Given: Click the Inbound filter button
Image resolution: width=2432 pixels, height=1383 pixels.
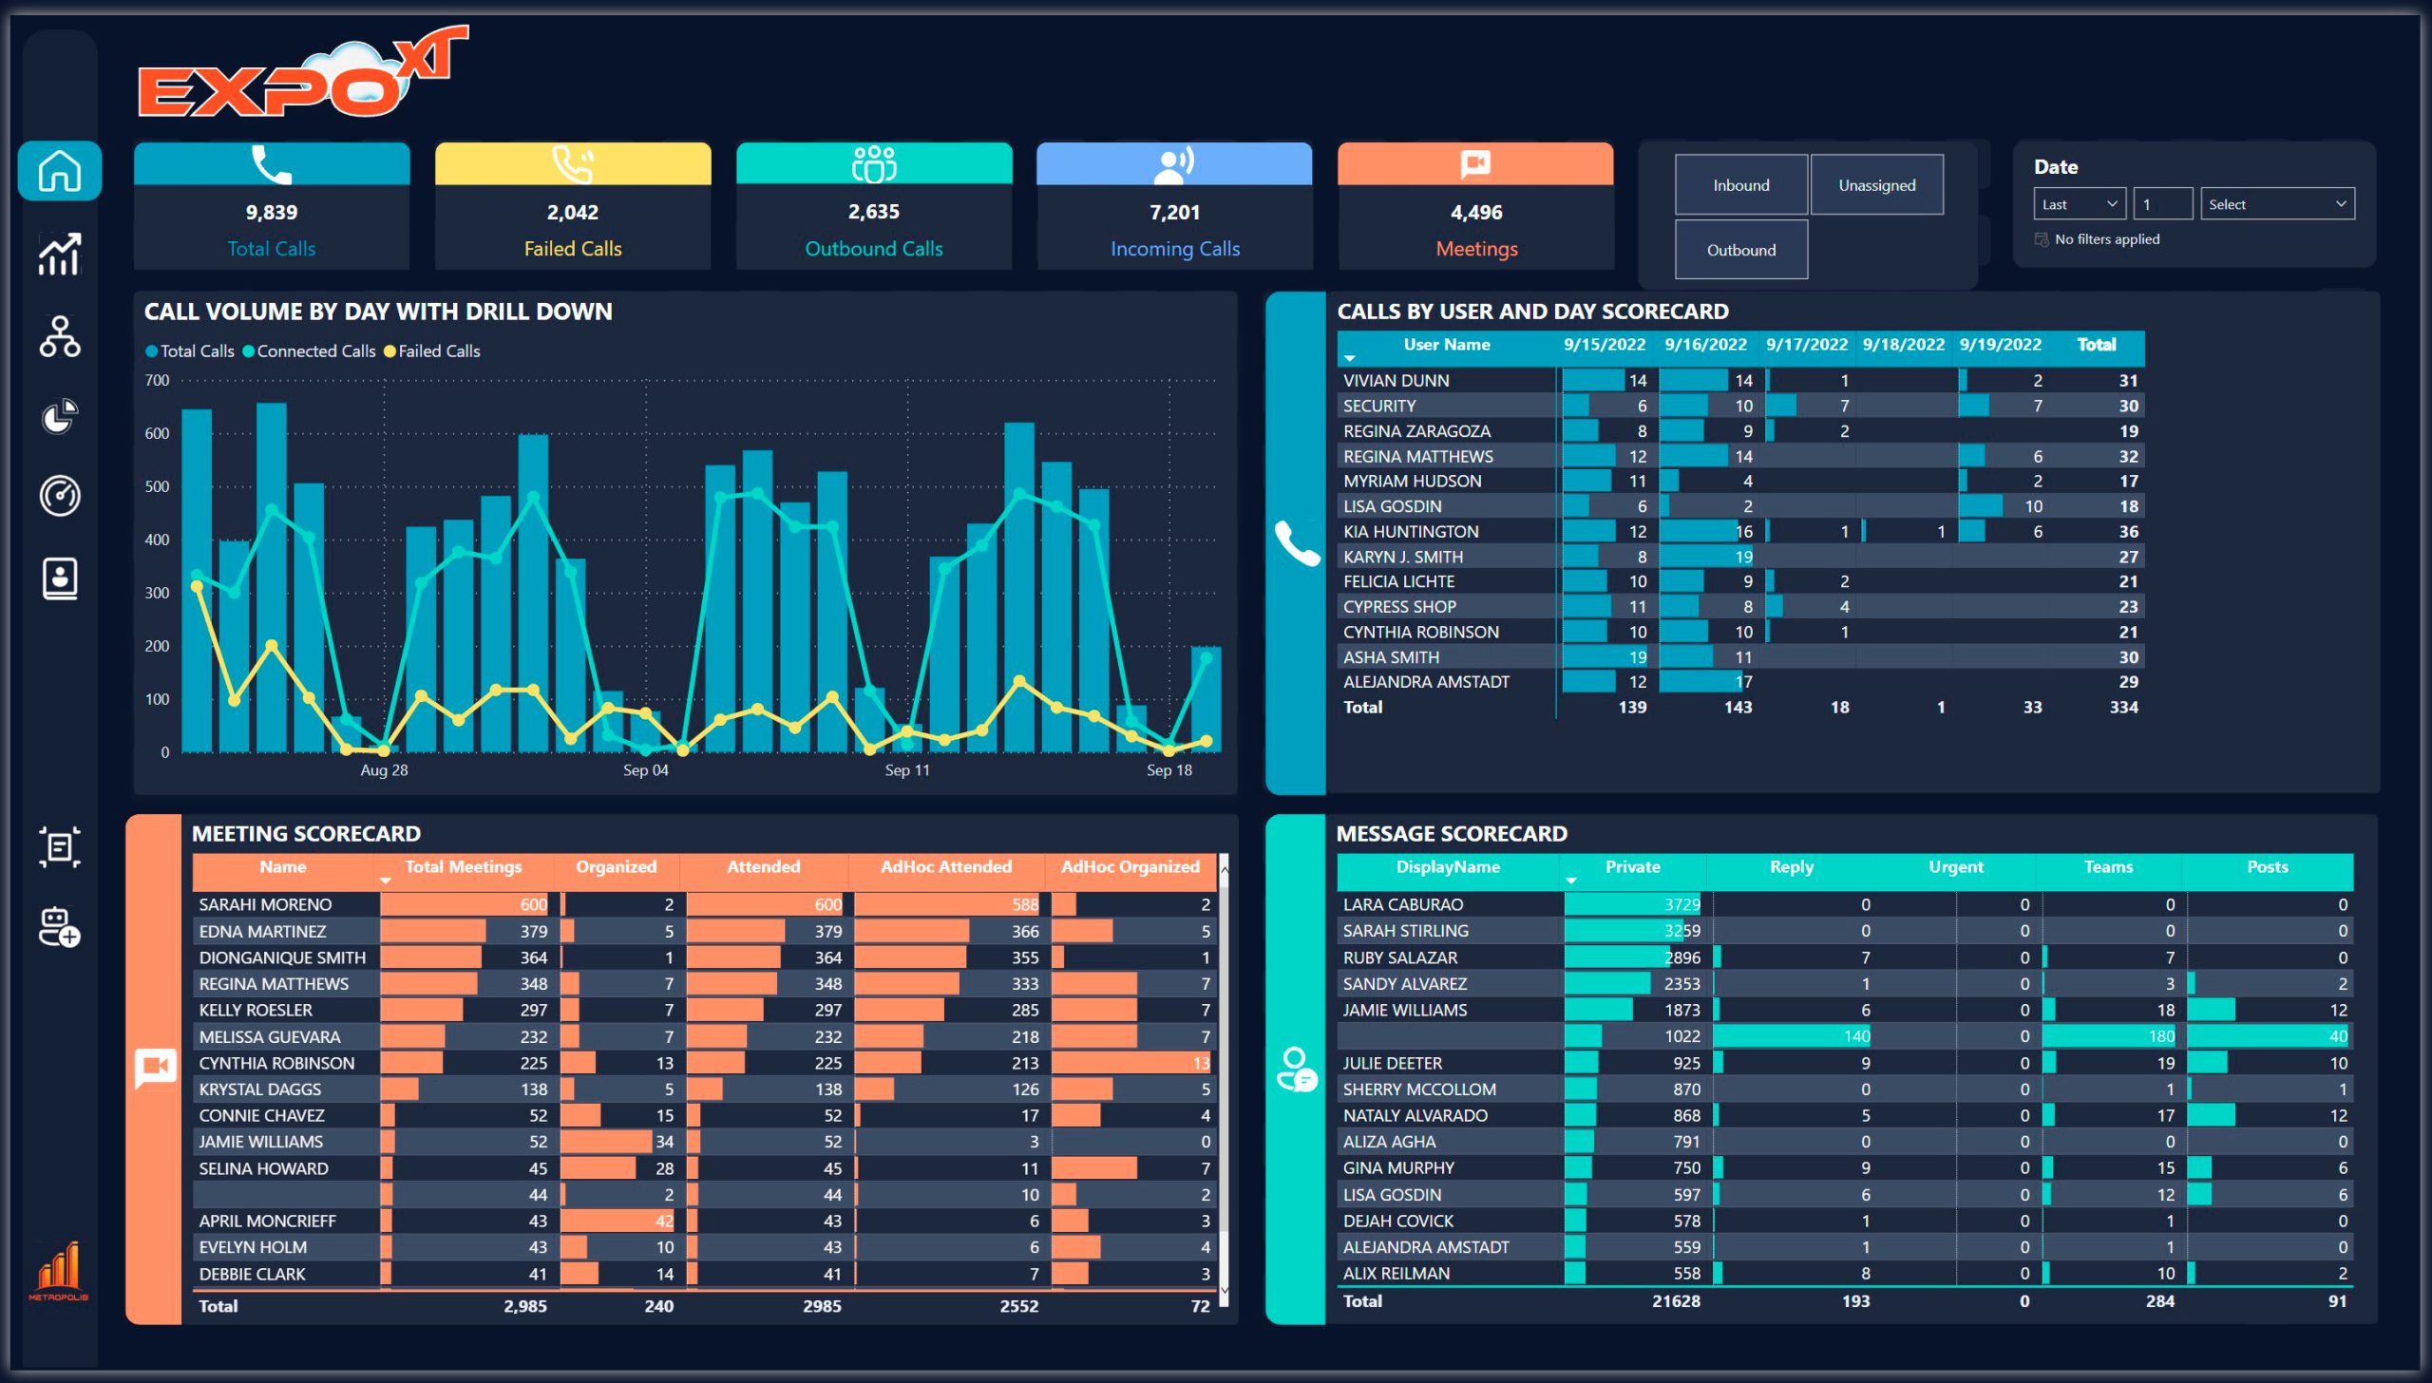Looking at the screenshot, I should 1740,185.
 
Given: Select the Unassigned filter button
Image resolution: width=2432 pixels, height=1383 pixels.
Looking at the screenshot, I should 1876,185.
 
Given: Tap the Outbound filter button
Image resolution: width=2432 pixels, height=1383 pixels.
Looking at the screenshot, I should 1740,250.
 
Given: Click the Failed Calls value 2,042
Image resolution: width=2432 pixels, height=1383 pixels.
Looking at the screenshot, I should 572,213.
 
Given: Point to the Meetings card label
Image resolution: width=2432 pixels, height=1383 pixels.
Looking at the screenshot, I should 1475,249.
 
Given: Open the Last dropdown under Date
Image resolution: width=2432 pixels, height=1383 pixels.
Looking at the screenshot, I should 2079,204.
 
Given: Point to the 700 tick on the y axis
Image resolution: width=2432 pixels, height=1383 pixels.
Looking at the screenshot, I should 158,381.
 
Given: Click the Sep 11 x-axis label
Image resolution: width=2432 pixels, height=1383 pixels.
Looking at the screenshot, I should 907,770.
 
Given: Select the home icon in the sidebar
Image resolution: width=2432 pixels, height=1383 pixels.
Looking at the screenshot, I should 59,172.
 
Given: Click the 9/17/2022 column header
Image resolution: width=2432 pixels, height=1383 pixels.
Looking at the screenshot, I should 1806,345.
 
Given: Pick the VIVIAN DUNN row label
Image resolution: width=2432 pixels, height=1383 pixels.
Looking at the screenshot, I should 1396,381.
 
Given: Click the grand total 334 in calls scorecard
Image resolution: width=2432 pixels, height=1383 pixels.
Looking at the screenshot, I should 2123,708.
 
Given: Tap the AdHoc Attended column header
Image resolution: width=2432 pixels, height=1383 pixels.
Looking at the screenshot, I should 945,867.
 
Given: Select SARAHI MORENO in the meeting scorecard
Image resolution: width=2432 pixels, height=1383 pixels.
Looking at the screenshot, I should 265,905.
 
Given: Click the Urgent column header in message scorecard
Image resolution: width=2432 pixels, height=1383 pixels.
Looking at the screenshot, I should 1955,867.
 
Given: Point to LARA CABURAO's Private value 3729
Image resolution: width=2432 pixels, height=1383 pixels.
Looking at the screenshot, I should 1681,905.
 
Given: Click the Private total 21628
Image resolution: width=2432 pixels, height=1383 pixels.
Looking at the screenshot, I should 1676,1301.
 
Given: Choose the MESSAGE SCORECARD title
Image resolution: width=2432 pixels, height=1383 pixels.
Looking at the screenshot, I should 1451,834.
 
